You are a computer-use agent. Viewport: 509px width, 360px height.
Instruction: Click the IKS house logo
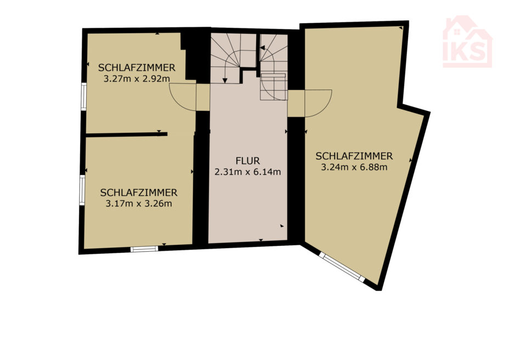click(467, 42)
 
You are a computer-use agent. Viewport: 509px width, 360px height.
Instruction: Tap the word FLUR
click(248, 161)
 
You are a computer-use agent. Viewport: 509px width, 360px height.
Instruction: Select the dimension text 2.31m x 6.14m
click(248, 172)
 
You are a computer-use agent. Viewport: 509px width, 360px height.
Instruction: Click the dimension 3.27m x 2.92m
click(137, 78)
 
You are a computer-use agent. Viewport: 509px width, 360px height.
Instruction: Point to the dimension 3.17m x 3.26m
click(139, 204)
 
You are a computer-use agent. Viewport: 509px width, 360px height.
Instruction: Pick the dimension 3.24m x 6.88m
click(354, 167)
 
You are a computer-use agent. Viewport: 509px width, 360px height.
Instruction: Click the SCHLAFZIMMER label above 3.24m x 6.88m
click(354, 156)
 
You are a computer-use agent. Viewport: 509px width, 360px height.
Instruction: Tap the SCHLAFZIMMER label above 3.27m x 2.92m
click(137, 67)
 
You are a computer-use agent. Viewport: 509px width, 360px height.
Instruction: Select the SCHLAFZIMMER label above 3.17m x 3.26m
click(139, 193)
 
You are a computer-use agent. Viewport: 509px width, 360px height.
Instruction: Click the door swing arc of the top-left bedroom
click(177, 102)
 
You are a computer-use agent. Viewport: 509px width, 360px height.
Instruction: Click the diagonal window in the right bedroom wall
click(342, 266)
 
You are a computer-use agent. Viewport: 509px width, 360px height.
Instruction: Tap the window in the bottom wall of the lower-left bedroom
click(144, 249)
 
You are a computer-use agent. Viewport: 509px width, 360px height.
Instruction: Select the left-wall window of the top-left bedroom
click(84, 97)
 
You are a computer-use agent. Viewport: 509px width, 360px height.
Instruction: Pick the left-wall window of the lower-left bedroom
click(82, 190)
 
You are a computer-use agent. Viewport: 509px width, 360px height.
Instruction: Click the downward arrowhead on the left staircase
click(225, 80)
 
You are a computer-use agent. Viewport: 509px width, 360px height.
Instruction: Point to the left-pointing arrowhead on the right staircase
click(262, 48)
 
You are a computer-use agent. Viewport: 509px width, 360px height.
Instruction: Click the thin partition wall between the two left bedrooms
click(127, 134)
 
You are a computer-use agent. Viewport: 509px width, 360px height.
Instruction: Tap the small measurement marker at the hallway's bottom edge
click(261, 240)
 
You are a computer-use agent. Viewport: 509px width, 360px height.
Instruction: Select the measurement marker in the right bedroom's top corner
click(401, 29)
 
